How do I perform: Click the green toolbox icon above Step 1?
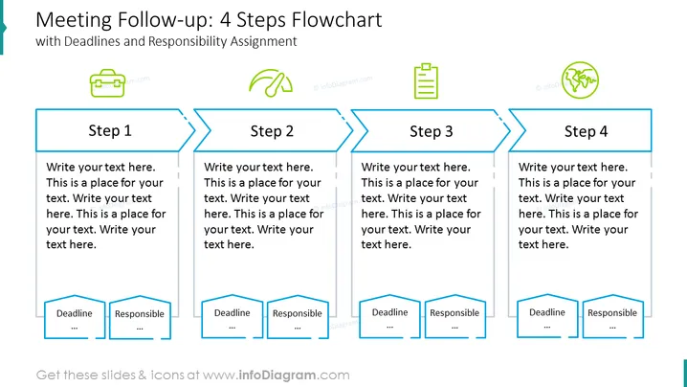tap(107, 83)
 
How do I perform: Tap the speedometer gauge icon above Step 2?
tap(271, 82)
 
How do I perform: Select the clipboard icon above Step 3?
tap(426, 81)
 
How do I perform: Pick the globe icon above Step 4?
tap(580, 80)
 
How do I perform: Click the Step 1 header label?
tap(110, 130)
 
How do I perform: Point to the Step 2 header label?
tap(272, 130)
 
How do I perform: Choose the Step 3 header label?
tap(432, 131)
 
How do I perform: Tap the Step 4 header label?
tap(586, 131)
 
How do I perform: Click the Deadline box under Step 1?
tap(75, 317)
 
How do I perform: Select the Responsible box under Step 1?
tap(140, 318)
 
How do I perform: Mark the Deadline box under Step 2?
tap(233, 317)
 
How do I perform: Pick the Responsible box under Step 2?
tap(298, 317)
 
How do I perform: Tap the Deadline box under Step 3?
tap(390, 316)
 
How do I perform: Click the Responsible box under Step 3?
tap(454, 317)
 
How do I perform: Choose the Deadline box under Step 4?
tap(547, 316)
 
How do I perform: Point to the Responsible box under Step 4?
tap(612, 316)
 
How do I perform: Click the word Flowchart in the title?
tap(337, 20)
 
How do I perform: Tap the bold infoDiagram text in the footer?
tap(277, 376)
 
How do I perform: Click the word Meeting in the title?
tap(74, 21)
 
